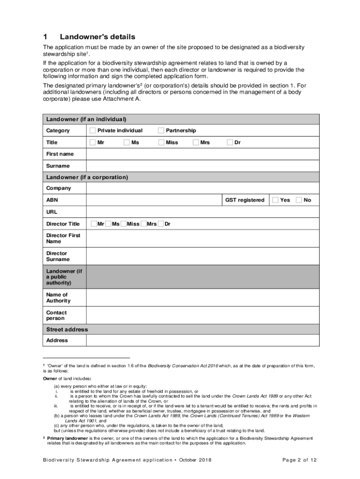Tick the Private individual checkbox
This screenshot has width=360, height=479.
coord(93,131)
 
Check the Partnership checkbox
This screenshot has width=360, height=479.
coord(161,131)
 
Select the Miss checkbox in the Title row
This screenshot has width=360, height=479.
coord(161,142)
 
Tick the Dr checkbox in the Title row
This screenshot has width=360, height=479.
coord(230,142)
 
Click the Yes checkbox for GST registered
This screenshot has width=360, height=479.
coord(275,200)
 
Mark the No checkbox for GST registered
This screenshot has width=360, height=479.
coord(299,200)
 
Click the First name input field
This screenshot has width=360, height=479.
coord(202,154)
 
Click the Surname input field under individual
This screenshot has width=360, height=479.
coord(202,166)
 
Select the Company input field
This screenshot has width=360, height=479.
coord(202,188)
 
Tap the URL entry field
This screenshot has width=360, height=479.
coord(202,212)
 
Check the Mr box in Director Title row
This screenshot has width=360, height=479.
coord(94,224)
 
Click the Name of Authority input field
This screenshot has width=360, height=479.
coord(202,298)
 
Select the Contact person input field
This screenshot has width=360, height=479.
coord(202,315)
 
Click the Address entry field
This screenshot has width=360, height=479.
coord(202,341)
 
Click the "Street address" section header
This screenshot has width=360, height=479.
coord(67,329)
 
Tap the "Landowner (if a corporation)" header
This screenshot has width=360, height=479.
coord(87,177)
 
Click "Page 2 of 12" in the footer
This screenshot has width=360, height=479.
coord(300,460)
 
